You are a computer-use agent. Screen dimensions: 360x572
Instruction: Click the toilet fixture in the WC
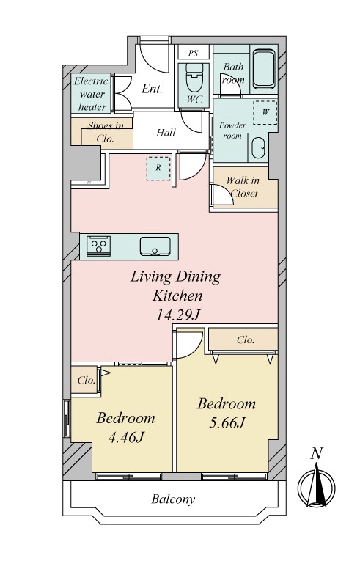194,77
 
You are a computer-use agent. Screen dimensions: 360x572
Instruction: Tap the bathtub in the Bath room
264,70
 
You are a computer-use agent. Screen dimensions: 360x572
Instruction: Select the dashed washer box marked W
265,112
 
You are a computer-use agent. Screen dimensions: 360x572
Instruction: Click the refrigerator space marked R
158,168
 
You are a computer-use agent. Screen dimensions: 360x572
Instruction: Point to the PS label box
194,53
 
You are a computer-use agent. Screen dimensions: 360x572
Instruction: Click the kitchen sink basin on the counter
155,246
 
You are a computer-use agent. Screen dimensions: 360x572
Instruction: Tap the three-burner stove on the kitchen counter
98,246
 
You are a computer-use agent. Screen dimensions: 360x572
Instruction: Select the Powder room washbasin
258,148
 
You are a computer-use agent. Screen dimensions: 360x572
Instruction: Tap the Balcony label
173,499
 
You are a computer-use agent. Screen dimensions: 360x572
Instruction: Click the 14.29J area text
178,315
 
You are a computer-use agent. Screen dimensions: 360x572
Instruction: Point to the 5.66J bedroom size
227,422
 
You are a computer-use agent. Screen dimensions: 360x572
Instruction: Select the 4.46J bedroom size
126,436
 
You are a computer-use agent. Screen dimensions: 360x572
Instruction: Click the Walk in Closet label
243,186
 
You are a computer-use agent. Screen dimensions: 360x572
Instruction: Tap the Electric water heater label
92,94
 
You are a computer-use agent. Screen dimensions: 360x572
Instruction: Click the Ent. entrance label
152,89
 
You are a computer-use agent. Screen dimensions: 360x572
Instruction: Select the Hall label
166,133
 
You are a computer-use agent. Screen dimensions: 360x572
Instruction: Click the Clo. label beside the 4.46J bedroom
87,380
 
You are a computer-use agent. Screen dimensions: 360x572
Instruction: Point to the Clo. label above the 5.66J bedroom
246,340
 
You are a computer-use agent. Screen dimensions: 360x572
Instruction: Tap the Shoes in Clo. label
106,132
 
